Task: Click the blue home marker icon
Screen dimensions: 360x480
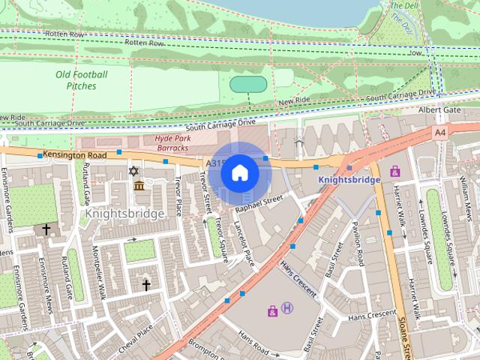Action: point(239,173)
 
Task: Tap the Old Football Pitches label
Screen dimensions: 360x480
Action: point(81,80)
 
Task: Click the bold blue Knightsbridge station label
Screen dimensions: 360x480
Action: point(349,180)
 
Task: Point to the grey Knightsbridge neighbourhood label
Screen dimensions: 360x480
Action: point(124,214)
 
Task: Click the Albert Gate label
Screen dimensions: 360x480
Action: point(439,109)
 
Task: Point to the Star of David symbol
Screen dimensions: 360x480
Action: point(134,172)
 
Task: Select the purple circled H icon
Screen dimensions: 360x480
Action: point(287,308)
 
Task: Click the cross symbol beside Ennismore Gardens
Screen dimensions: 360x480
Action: point(46,229)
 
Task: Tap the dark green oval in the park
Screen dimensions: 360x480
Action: point(247,84)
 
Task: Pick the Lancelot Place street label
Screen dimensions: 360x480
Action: point(244,242)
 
